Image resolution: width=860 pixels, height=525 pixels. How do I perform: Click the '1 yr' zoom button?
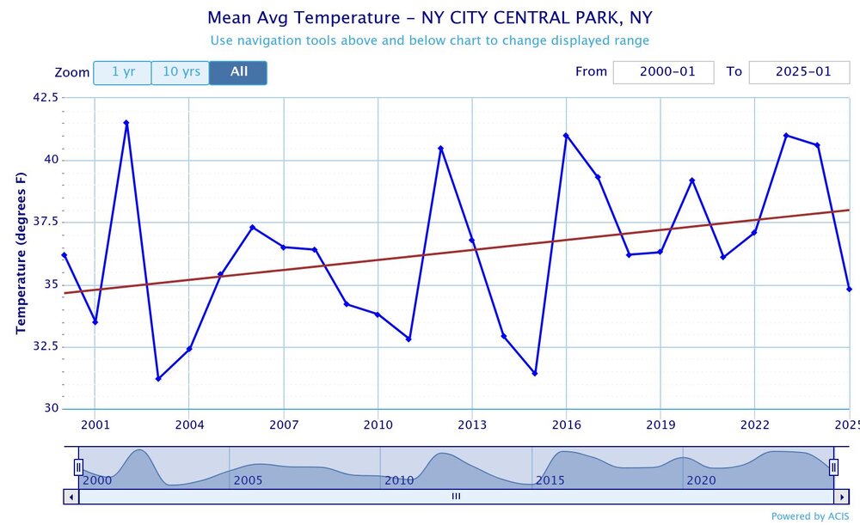click(122, 72)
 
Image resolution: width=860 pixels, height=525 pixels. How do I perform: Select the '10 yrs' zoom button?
click(181, 72)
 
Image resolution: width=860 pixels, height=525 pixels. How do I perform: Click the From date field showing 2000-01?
click(663, 72)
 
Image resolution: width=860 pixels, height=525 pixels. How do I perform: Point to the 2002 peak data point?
click(126, 123)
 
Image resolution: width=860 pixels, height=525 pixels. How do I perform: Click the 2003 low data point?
click(158, 379)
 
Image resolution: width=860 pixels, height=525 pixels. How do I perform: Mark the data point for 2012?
click(440, 149)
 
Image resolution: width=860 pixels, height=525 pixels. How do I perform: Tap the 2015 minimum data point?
click(535, 373)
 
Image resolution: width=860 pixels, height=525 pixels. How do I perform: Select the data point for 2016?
click(566, 136)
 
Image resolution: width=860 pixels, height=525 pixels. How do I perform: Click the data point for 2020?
click(691, 180)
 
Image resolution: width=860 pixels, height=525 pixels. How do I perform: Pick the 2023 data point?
click(786, 136)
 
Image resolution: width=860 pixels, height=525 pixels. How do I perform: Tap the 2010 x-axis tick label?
click(378, 424)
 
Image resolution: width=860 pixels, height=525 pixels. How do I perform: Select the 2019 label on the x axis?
click(660, 424)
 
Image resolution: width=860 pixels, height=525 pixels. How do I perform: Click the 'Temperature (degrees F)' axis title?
click(21, 253)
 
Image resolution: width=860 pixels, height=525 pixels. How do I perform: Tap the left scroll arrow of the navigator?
click(71, 496)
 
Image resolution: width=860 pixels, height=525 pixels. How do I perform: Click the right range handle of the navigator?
click(833, 467)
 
